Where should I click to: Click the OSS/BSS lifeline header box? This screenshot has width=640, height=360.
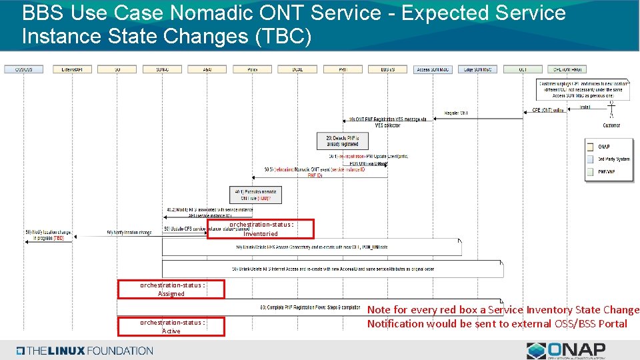coord(24,69)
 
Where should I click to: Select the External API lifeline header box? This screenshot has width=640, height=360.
coord(72,69)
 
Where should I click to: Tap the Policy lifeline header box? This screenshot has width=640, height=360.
coord(253,69)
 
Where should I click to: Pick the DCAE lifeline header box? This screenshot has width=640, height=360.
coord(297,69)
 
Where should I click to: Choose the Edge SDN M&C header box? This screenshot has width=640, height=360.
coord(477,69)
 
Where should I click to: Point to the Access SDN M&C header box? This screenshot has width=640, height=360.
coord(433,69)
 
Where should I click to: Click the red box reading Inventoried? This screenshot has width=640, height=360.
coord(261,229)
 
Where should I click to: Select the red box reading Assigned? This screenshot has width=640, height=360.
coord(171,289)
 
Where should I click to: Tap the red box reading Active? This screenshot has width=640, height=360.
coord(171,327)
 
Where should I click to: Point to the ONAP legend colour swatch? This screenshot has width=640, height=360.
coord(590,147)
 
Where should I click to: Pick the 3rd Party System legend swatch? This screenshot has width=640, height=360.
coord(590,159)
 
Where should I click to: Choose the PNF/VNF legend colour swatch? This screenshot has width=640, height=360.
coord(590,172)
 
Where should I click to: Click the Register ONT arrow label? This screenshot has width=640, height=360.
coord(457,113)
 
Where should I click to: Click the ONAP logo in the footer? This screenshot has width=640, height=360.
coord(566,351)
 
